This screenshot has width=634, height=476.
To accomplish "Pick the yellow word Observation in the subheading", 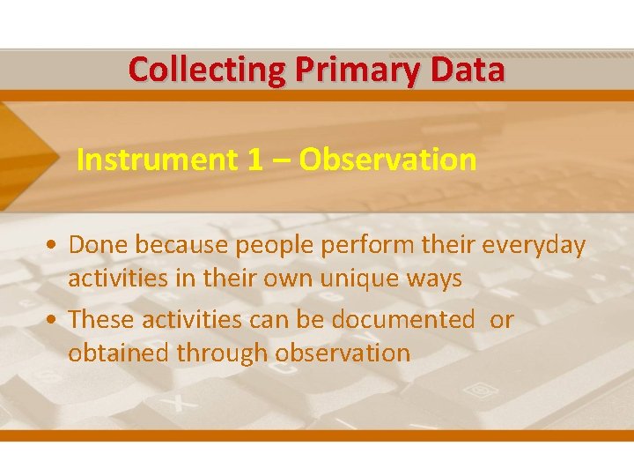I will pyautogui.click(x=387, y=160).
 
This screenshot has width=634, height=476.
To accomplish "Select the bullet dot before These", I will pyautogui.click(x=55, y=320).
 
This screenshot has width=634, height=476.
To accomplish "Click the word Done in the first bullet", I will pyautogui.click(x=97, y=245).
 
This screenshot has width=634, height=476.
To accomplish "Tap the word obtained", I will pyautogui.click(x=119, y=353).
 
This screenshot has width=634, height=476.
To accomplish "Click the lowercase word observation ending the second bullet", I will pyautogui.click(x=343, y=353).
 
